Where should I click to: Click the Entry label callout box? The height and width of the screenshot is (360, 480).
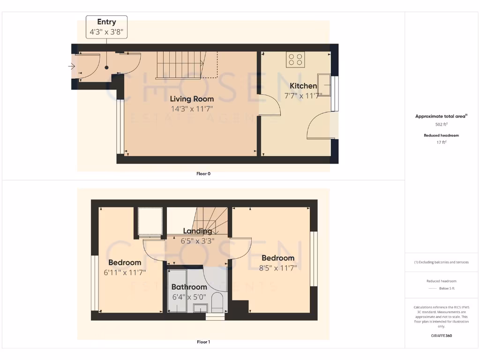click(106, 27)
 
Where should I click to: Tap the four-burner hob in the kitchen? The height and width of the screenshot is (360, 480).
click(296, 59)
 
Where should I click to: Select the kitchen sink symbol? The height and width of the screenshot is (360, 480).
click(324, 82)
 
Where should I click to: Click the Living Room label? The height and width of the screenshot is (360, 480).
click(192, 99)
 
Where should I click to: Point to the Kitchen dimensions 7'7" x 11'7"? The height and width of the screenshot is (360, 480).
click(303, 95)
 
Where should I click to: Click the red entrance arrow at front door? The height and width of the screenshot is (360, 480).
click(72, 67)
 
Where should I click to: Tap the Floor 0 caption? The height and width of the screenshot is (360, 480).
click(203, 173)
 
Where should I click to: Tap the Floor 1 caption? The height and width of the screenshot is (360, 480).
click(203, 342)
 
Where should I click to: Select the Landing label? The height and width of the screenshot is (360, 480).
click(197, 231)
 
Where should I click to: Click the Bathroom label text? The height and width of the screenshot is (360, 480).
click(189, 287)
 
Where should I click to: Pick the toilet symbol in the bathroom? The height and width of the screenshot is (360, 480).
click(217, 302)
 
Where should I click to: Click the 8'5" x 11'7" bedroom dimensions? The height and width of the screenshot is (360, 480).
click(278, 268)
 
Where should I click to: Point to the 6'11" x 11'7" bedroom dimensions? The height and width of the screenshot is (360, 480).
click(125, 272)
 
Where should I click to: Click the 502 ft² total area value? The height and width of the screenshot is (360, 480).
click(442, 124)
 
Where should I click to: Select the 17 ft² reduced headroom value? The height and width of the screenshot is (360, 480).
click(442, 142)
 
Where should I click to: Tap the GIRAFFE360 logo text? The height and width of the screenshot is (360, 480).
click(441, 336)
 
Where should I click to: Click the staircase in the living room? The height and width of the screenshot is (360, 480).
click(180, 65)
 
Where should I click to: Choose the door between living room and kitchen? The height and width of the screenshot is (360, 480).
click(270, 104)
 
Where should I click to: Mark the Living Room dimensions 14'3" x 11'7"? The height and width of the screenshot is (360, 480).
click(192, 108)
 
